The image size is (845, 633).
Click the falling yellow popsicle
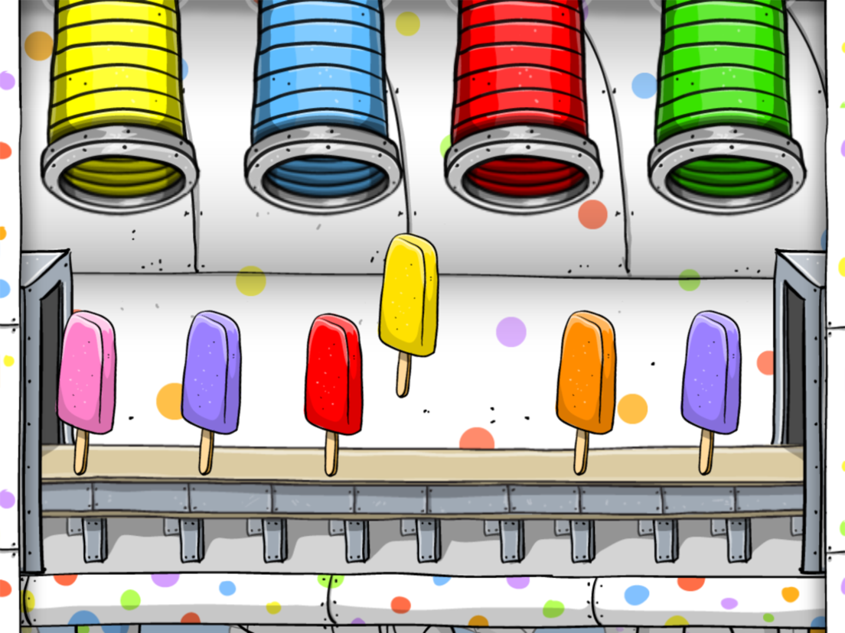click(409, 294)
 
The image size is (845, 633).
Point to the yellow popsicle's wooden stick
click(403, 374)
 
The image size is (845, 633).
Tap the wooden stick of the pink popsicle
click(81, 451)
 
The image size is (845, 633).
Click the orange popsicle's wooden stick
click(582, 451)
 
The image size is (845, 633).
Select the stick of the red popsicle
click(331, 453)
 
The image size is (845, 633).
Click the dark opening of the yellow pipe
click(120, 177)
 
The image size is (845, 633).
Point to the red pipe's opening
click(523, 177)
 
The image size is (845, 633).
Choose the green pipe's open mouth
click(726, 177)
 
